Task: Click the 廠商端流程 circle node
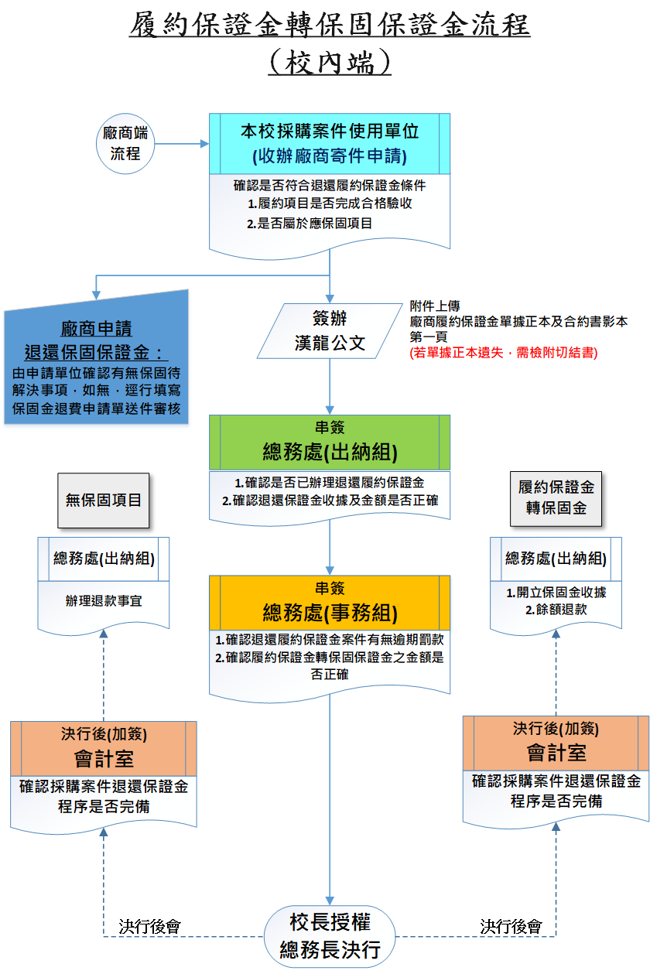(x=125, y=143)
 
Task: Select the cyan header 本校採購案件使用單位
(x=330, y=143)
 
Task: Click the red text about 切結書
(x=503, y=352)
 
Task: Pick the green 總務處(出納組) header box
(x=330, y=443)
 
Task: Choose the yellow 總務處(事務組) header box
(x=330, y=603)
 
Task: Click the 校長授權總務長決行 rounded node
(x=330, y=935)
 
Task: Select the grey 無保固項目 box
(x=104, y=500)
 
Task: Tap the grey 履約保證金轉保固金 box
(x=556, y=497)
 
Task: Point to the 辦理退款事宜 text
(x=104, y=600)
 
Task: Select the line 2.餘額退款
(x=556, y=610)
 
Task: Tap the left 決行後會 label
(x=150, y=925)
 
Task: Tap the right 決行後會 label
(x=511, y=925)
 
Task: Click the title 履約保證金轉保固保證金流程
(x=330, y=26)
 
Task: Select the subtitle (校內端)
(x=330, y=62)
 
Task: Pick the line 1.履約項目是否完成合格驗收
(x=330, y=204)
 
